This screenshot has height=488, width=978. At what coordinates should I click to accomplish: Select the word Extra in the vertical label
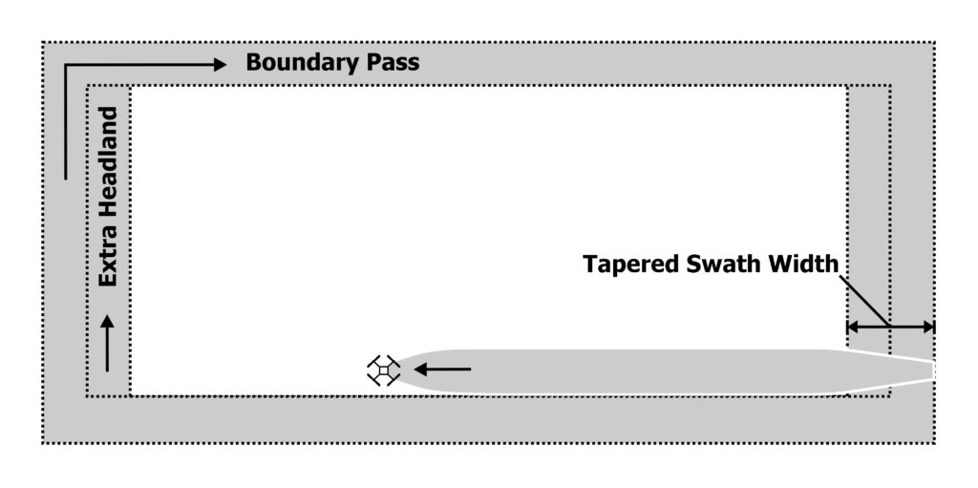108,259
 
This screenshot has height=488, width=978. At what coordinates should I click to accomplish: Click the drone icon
383,370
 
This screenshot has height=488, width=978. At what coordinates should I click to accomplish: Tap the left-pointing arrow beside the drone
441,369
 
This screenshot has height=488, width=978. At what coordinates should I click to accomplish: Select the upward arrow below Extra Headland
107,342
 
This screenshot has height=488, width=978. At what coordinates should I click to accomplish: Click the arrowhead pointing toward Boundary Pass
219,64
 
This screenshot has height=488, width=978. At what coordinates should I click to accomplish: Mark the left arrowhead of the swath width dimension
854,327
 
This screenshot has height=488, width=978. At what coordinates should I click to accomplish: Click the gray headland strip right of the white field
868,210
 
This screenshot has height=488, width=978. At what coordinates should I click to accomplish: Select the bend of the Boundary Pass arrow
65,65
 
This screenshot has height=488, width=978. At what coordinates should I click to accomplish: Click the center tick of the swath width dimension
890,327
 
